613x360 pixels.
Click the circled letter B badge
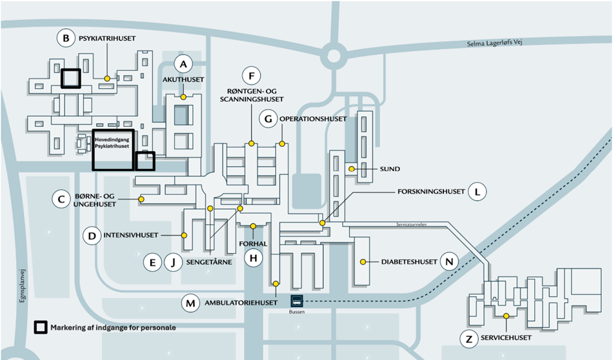pyautogui.click(x=66, y=39)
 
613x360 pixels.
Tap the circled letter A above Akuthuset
pyautogui.click(x=184, y=64)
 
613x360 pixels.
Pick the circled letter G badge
pyautogui.click(x=268, y=119)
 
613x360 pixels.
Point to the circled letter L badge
pyautogui.click(x=477, y=192)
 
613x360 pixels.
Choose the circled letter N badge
pyautogui.click(x=450, y=261)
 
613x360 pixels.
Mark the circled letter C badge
pyautogui.click(x=61, y=199)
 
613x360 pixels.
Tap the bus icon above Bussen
pyautogui.click(x=296, y=301)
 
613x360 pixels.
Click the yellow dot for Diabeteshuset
pyautogui.click(x=363, y=261)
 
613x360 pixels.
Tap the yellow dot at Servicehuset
pyautogui.click(x=507, y=315)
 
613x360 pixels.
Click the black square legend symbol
pyautogui.click(x=40, y=327)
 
